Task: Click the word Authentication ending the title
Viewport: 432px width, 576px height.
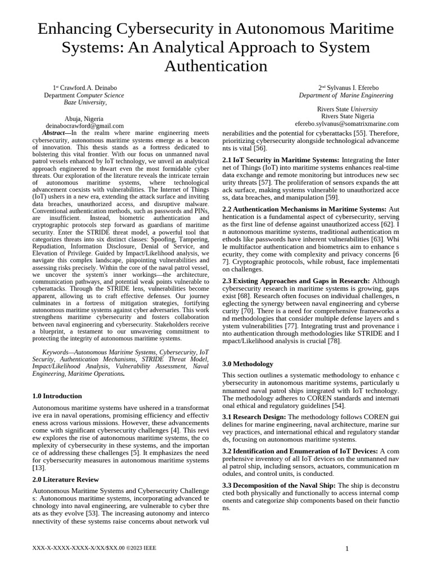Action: (x=215, y=66)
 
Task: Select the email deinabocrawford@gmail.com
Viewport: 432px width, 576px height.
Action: (x=85, y=127)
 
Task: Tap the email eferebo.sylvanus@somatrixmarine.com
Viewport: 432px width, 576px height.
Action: (x=346, y=123)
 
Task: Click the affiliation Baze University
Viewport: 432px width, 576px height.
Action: (x=84, y=102)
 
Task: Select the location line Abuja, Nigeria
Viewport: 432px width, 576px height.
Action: (x=84, y=119)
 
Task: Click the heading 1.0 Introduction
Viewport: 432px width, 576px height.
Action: (x=57, y=396)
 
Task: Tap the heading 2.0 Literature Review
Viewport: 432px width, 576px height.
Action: (x=65, y=479)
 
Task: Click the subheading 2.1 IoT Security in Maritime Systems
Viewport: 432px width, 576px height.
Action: (x=281, y=160)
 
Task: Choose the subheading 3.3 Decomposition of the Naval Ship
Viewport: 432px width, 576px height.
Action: (x=279, y=485)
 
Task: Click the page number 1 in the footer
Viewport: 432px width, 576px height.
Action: (x=347, y=548)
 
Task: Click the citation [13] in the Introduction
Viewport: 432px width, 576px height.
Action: (x=38, y=467)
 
